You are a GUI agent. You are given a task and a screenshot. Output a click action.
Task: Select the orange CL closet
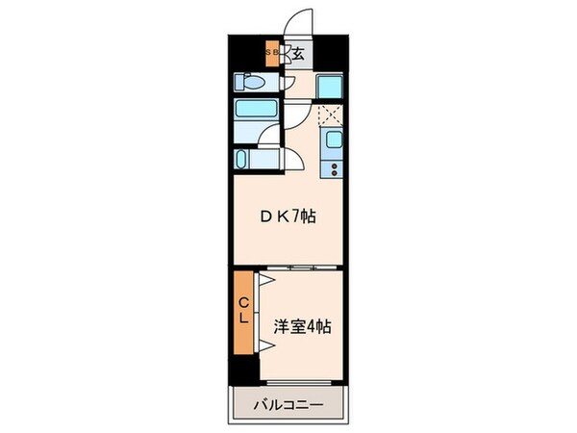click(x=243, y=312)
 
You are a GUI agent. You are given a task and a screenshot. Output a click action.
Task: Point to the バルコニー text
click(x=288, y=404)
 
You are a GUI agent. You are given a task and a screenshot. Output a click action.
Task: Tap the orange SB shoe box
click(x=272, y=53)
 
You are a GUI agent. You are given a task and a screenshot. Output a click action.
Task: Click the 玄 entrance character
click(x=298, y=54)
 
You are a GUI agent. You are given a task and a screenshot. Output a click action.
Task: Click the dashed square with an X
click(x=331, y=116)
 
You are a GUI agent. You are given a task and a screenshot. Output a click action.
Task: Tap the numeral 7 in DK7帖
click(x=295, y=216)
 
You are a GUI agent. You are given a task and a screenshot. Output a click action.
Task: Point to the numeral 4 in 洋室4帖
click(x=312, y=327)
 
